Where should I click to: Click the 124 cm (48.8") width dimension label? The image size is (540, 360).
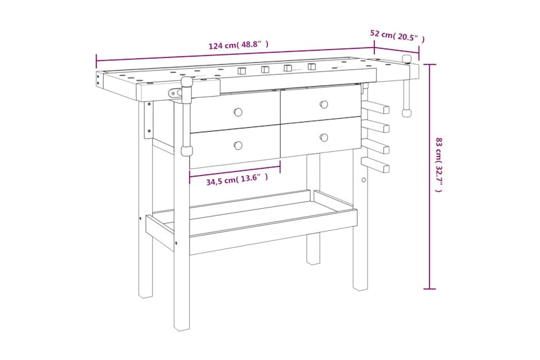pos(238,45)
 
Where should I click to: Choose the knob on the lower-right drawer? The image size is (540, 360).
pos(323,137)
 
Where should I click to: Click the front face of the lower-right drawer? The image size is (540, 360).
pos(320,138)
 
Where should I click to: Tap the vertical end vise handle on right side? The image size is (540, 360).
pos(407,88)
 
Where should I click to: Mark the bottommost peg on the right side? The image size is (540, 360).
pos(377,165)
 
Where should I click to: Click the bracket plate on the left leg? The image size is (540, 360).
pos(148,120)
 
